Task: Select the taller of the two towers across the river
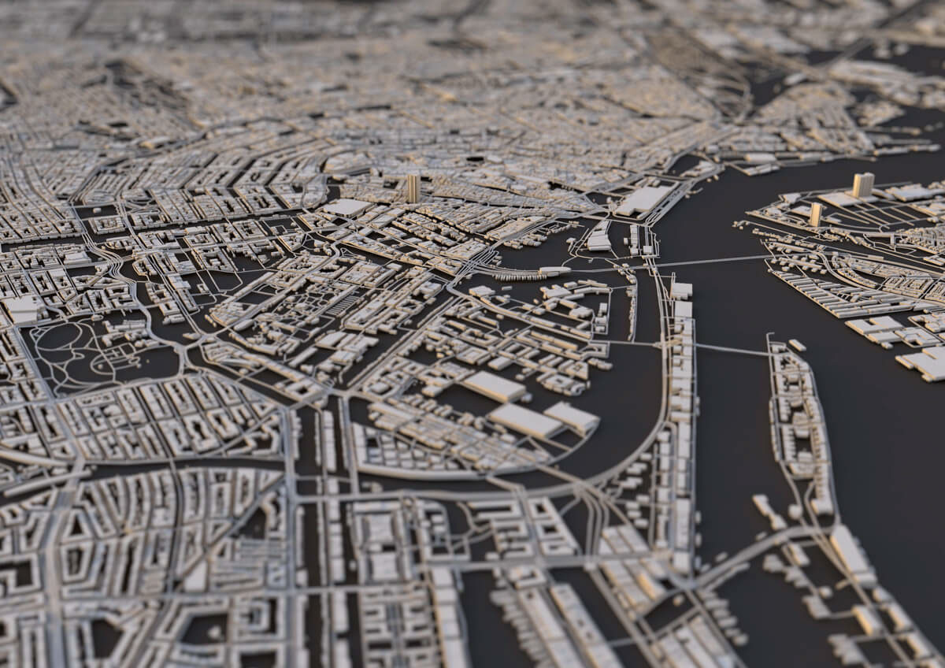pos(863,185)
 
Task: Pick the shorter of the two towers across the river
pos(815,213)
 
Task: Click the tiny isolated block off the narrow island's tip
pos(797,345)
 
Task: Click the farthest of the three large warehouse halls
pos(494,386)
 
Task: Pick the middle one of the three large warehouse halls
pos(525,421)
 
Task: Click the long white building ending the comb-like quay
pos(554,271)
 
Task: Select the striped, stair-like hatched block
pos(341,305)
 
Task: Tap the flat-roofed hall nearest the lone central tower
pos(346,207)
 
